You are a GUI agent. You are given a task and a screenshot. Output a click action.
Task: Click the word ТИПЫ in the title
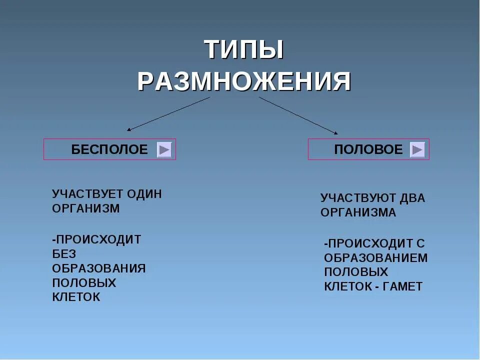pyautogui.click(x=244, y=50)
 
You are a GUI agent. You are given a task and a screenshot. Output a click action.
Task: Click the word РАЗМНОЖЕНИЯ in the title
pyautogui.click(x=244, y=81)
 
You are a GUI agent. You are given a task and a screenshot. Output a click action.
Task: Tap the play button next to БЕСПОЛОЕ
pyautogui.click(x=164, y=149)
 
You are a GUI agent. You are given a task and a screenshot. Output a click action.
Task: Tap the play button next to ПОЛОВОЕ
pyautogui.click(x=417, y=149)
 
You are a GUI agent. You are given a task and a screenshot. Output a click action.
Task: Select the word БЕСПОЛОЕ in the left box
pyautogui.click(x=109, y=149)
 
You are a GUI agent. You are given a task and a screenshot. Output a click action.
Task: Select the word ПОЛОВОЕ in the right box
pyautogui.click(x=368, y=149)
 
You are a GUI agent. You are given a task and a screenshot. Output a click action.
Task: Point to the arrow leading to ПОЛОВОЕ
pyautogui.click(x=298, y=115)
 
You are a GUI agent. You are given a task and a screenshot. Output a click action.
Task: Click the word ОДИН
pyautogui.click(x=144, y=194)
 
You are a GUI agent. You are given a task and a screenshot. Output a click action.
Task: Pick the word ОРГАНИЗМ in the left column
pyautogui.click(x=86, y=208)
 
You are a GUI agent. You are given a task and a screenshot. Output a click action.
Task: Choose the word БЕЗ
pyautogui.click(x=64, y=253)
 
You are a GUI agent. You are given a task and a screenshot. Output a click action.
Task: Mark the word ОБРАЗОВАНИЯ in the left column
pyautogui.click(x=99, y=268)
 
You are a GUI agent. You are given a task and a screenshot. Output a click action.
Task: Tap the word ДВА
pyautogui.click(x=413, y=198)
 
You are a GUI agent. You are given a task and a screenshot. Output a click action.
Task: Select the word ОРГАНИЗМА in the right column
pyautogui.click(x=358, y=212)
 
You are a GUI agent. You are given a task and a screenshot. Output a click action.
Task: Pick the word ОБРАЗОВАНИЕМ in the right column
pyautogui.click(x=376, y=258)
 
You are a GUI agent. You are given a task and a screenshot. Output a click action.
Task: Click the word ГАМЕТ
pyautogui.click(x=404, y=286)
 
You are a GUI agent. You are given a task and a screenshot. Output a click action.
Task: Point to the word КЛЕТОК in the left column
pyautogui.click(x=76, y=297)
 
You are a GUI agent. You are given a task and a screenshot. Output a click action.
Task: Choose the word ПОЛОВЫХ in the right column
pyautogui.click(x=356, y=272)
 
